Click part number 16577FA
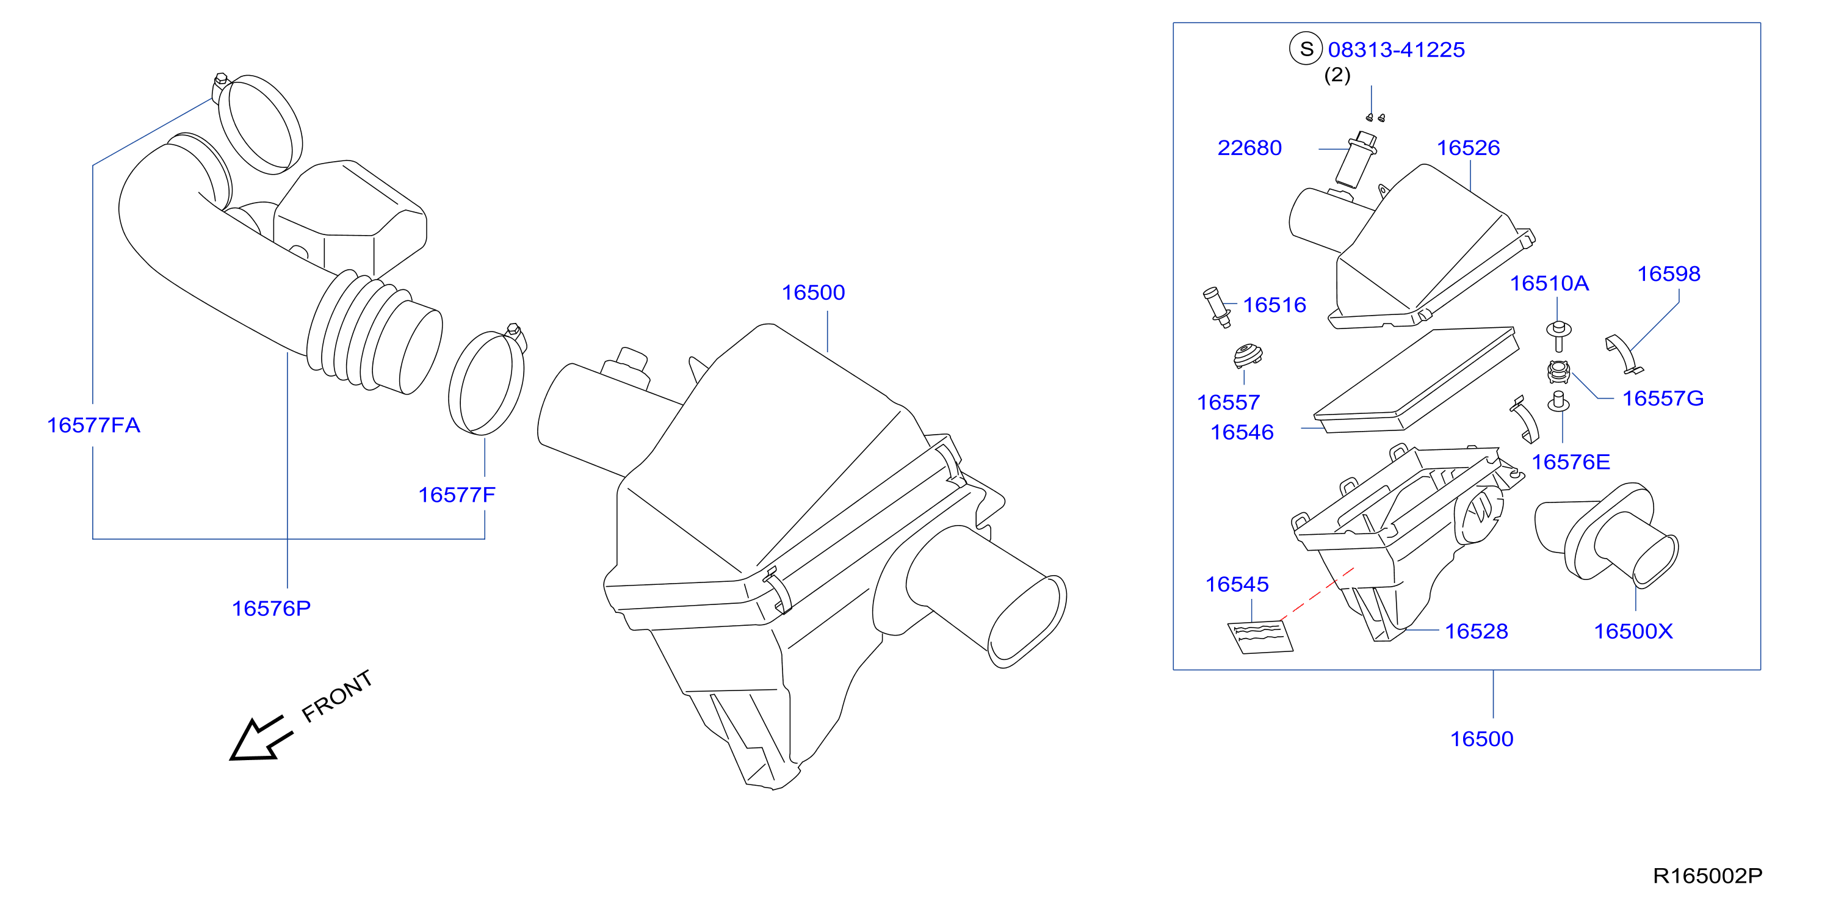click(93, 425)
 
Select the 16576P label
click(271, 609)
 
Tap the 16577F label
click(457, 495)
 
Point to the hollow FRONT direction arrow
click(260, 739)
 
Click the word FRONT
click(336, 696)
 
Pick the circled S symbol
click(1306, 49)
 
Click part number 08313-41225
click(1396, 50)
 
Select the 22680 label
click(1249, 148)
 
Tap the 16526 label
click(1468, 148)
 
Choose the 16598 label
click(1669, 274)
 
